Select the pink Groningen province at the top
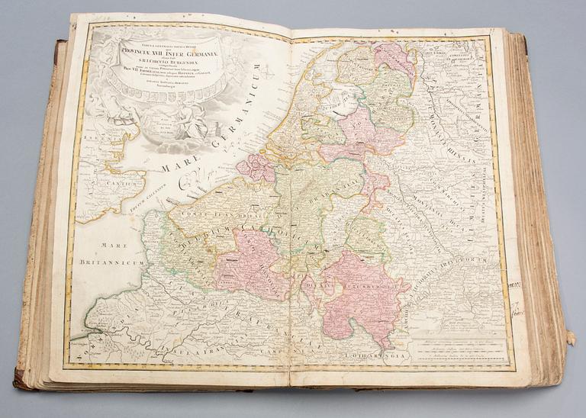coord(393,57)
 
